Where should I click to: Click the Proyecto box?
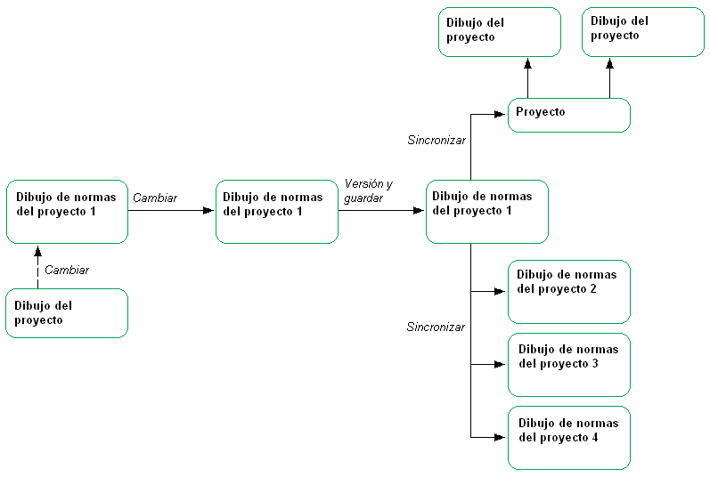click(x=568, y=115)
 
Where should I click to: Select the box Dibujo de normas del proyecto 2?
click(x=568, y=291)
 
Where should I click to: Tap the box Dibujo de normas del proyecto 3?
click(x=568, y=364)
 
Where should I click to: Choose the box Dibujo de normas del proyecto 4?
click(x=568, y=437)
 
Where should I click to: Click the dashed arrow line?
click(x=37, y=269)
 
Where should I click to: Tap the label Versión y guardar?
click(x=368, y=190)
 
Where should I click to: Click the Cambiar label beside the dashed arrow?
click(x=67, y=270)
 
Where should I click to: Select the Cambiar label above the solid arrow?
click(x=155, y=198)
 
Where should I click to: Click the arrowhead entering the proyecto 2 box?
click(x=502, y=291)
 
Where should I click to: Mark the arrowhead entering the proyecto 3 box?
click(x=502, y=364)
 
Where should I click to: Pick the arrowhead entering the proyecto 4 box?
click(x=502, y=437)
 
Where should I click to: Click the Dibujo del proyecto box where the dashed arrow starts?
click(x=67, y=312)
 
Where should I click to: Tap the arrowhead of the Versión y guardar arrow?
click(x=420, y=212)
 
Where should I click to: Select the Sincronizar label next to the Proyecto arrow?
click(x=436, y=140)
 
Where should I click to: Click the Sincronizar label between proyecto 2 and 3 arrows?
click(x=436, y=327)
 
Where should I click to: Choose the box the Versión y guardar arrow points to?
click(x=486, y=212)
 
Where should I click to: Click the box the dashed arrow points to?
click(x=67, y=212)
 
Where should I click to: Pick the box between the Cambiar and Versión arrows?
click(x=276, y=212)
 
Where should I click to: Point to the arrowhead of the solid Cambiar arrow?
click(x=209, y=211)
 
